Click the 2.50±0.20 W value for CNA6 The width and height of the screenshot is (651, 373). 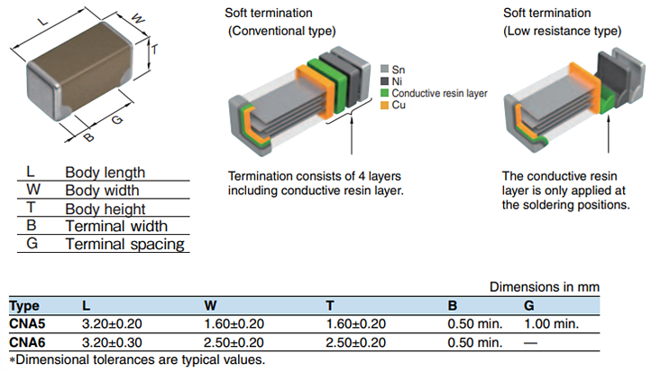click(x=234, y=342)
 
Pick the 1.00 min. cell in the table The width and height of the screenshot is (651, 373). click(x=551, y=323)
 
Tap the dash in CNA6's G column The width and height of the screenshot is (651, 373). click(x=530, y=342)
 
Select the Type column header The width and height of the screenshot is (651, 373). click(x=24, y=305)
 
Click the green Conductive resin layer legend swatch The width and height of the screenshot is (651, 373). click(x=384, y=93)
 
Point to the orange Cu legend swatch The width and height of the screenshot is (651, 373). click(x=384, y=106)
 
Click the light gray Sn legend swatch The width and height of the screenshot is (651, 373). click(x=384, y=69)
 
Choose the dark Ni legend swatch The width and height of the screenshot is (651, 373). click(x=384, y=81)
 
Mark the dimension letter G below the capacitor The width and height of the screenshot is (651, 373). click(x=117, y=119)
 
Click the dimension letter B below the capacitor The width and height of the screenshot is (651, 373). click(x=88, y=138)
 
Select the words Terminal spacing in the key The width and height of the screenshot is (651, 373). click(x=124, y=244)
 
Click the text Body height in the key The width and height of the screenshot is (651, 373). click(x=105, y=209)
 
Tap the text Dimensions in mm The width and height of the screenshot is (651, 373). click(x=544, y=286)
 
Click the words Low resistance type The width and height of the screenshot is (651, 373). click(x=564, y=30)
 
